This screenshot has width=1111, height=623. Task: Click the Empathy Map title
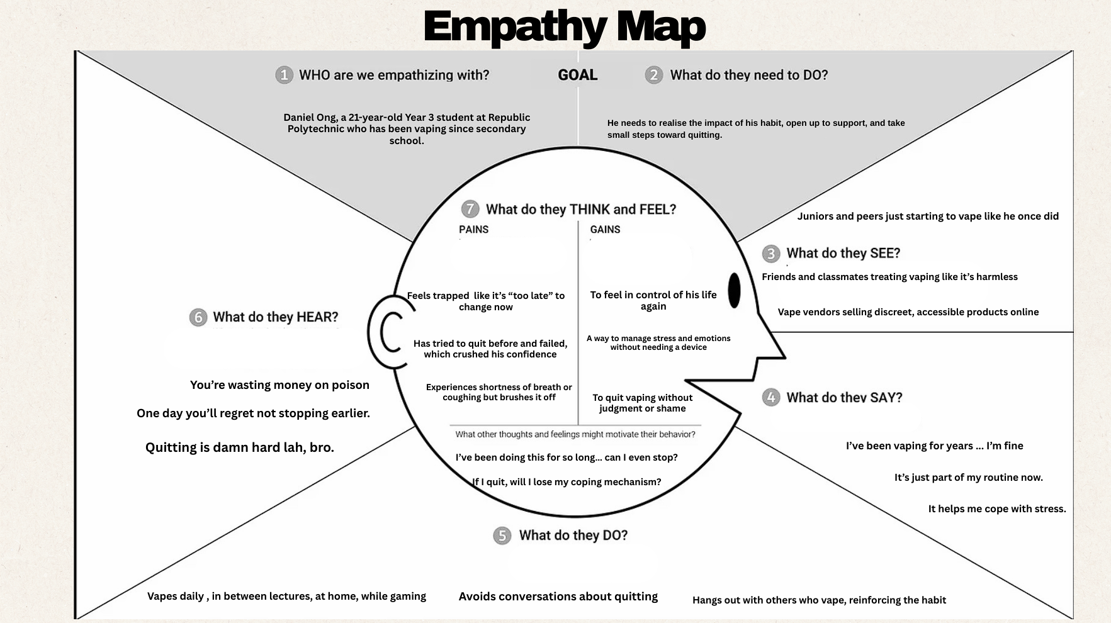(x=564, y=26)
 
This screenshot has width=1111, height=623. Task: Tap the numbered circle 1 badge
(x=284, y=76)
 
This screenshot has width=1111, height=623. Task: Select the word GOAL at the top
(x=577, y=75)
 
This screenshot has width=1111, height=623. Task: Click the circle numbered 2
(x=653, y=76)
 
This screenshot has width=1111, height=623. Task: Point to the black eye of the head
(x=734, y=291)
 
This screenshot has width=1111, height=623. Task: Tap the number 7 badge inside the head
(x=470, y=209)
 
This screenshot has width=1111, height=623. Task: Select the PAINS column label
(x=473, y=230)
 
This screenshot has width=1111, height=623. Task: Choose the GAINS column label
(x=605, y=230)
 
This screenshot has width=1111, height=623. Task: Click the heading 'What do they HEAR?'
(x=275, y=317)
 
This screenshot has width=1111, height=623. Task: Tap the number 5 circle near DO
(x=502, y=536)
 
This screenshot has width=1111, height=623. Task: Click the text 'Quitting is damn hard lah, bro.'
(x=240, y=447)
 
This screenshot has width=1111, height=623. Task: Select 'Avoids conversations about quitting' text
(x=558, y=597)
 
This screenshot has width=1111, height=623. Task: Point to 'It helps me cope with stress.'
(x=996, y=509)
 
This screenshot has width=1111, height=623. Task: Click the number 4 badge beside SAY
(x=770, y=398)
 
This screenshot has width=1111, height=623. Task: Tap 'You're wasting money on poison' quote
(x=279, y=385)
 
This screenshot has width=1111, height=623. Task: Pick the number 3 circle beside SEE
(x=770, y=254)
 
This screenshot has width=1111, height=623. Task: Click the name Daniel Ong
(x=310, y=118)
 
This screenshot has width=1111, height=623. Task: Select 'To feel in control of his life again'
(x=653, y=301)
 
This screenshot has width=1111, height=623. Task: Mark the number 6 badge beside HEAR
(x=198, y=317)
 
